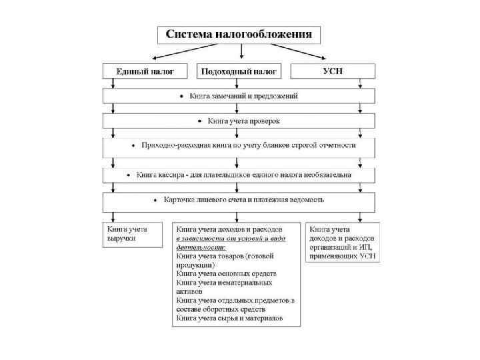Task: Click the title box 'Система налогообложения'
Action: [239, 34]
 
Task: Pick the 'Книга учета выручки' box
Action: [131, 233]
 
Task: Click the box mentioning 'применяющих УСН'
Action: [342, 242]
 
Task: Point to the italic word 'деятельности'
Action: [200, 246]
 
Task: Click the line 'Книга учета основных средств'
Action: [226, 273]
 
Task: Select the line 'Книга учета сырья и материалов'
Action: [229, 319]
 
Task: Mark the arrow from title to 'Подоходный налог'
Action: [241, 52]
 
